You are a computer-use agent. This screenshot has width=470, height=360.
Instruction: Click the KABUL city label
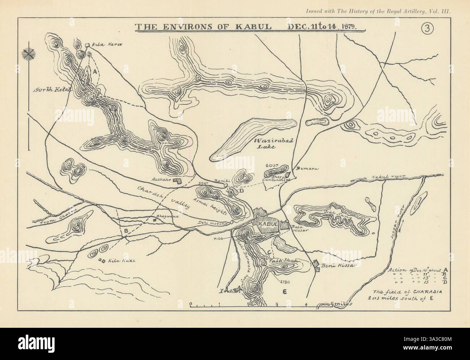[x=267, y=224]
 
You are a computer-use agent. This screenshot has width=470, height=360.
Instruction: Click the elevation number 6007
[x=272, y=165]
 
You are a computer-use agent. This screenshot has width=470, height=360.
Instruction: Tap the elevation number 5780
[x=285, y=281]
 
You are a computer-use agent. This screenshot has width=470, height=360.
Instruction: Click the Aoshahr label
[x=161, y=180]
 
